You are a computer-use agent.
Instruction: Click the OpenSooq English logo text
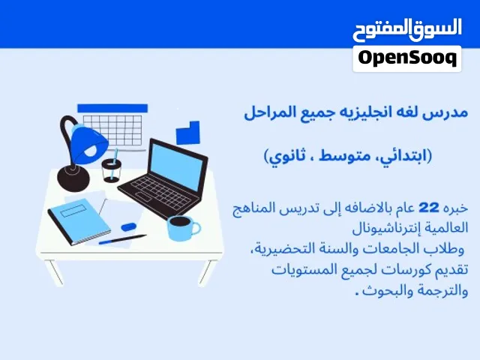click(407, 58)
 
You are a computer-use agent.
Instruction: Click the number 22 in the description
click(428, 208)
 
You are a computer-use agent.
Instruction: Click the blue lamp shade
click(89, 143)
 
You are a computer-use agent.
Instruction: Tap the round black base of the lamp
click(73, 178)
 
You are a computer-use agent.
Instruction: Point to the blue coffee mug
click(183, 228)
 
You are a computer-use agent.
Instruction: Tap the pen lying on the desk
click(122, 239)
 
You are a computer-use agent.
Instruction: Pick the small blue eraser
click(128, 226)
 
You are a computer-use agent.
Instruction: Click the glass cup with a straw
click(112, 170)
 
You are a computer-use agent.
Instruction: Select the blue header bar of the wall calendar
click(112, 108)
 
